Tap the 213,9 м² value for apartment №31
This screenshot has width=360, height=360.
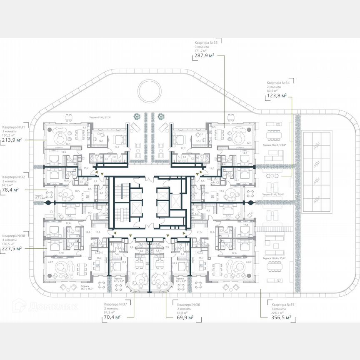(12, 140)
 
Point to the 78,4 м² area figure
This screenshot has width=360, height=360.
(11, 190)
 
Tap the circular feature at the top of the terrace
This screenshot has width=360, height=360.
(150, 90)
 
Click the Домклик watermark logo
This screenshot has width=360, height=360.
(40, 307)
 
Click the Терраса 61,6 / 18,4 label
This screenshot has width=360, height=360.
(273, 195)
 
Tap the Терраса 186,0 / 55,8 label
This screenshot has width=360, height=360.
(273, 258)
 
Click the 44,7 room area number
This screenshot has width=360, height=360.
(50, 262)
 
